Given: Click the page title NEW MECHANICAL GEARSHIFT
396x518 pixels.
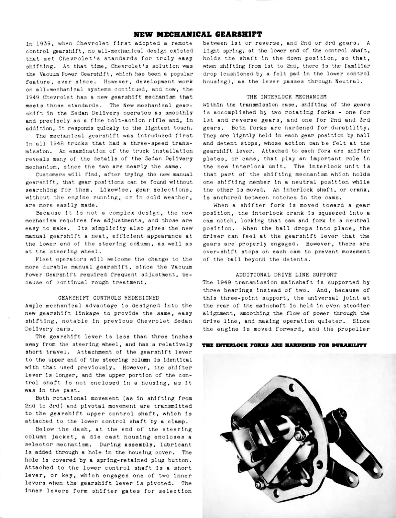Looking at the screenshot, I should tap(198, 34).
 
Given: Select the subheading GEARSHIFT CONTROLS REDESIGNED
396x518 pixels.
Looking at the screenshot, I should tap(109, 298).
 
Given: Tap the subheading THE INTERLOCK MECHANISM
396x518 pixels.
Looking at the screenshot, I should tap(286, 96).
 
